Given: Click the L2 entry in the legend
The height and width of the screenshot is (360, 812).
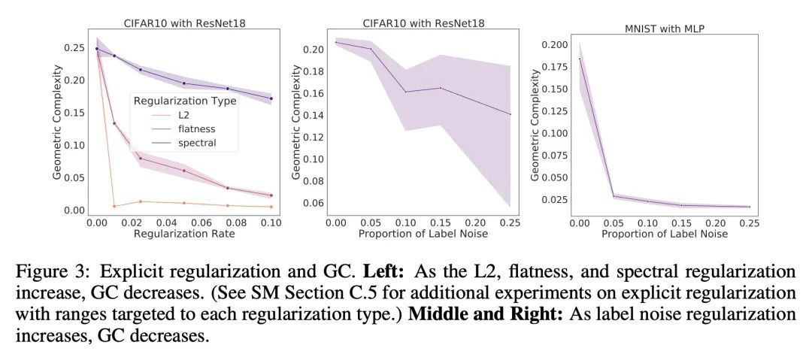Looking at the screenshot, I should click(x=184, y=116).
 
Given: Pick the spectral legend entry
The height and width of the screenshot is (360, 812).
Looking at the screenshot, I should click(x=197, y=143).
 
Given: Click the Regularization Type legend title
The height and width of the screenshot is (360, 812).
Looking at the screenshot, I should click(x=184, y=101).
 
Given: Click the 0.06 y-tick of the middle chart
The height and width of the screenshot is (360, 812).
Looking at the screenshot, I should click(x=311, y=203).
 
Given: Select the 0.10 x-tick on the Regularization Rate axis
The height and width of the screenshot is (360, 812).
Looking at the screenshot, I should click(x=271, y=223).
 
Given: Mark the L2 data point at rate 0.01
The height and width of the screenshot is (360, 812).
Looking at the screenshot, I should click(x=114, y=206).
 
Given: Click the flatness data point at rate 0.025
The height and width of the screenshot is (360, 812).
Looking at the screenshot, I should click(x=140, y=158).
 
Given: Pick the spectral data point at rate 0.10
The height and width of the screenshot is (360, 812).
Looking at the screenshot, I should click(x=271, y=98).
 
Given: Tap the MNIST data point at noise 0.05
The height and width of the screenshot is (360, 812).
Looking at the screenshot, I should click(x=614, y=196).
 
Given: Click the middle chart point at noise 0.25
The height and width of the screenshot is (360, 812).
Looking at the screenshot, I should click(x=511, y=114).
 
